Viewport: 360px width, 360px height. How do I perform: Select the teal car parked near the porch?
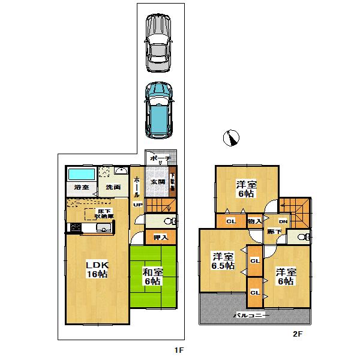coord(158,109)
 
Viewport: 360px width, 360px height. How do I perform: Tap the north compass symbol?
coord(231,138)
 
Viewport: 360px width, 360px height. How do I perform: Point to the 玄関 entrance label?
coord(157,182)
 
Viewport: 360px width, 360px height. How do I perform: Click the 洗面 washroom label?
coord(113,187)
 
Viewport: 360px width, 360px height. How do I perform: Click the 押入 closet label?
coord(152,238)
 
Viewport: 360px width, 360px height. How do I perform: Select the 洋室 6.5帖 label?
coord(221,262)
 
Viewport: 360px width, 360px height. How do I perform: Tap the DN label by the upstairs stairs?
coord(283,222)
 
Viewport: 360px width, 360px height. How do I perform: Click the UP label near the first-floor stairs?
coord(137,205)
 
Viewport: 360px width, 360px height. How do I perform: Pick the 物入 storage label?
coord(254,221)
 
